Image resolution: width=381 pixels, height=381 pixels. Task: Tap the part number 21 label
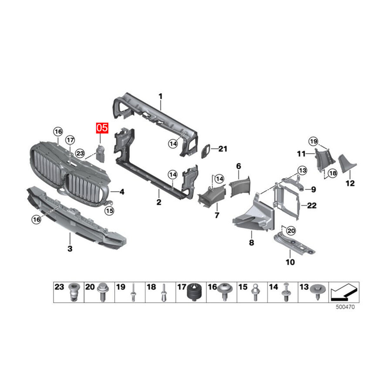223,149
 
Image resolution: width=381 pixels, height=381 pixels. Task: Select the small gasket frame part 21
206,151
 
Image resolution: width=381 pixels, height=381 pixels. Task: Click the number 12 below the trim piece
350,183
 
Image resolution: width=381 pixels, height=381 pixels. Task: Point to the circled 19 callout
314,141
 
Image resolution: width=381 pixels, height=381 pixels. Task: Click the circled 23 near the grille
80,153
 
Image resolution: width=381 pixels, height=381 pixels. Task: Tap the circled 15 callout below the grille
110,211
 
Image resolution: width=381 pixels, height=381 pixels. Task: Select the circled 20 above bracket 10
291,231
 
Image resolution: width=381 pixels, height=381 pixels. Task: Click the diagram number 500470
345,307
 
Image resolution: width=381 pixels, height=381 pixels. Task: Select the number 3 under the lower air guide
70,248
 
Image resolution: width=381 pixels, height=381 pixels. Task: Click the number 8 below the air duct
251,242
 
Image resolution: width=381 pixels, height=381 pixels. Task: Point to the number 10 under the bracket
290,262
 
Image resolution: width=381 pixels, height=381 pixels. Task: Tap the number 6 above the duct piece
238,166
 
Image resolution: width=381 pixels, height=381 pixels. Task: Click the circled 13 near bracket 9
303,170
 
